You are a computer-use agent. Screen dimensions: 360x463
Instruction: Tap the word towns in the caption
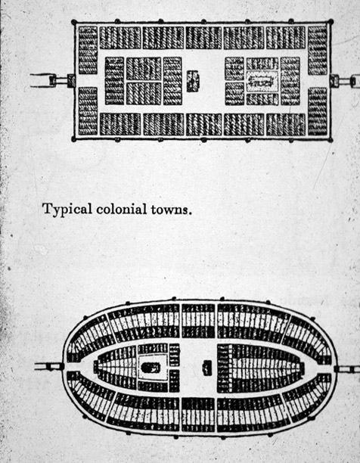(x=169, y=210)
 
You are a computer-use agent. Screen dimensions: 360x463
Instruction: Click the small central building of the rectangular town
(x=193, y=81)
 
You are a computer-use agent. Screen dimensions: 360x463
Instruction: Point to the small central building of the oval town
(x=207, y=368)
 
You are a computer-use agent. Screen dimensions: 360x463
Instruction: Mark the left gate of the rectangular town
(x=71, y=81)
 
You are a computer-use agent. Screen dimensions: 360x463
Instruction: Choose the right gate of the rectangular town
(x=334, y=81)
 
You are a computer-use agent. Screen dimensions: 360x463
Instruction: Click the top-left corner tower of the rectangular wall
(x=74, y=22)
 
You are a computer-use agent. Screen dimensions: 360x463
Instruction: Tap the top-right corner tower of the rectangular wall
(x=331, y=21)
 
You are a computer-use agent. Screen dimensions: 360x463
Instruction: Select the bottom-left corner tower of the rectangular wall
(x=74, y=139)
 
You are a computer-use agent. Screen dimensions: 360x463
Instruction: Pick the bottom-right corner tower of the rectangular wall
(x=331, y=139)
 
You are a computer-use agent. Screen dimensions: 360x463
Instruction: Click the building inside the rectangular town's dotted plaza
(x=262, y=81)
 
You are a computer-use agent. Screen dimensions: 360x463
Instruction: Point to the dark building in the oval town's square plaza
(x=151, y=368)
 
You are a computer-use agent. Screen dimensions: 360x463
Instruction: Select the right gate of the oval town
(x=337, y=368)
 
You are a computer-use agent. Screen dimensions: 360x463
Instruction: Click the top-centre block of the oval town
(x=198, y=321)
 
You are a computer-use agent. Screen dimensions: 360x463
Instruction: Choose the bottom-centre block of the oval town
(x=198, y=415)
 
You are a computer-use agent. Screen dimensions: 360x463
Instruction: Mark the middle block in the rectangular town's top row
(x=203, y=38)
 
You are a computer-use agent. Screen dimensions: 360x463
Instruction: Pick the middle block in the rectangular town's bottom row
(x=203, y=124)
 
